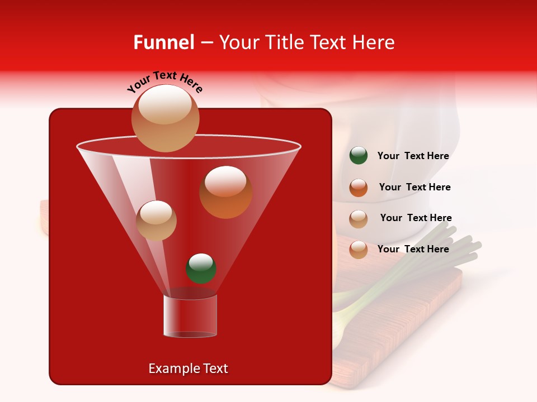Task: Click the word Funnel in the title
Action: click(163, 42)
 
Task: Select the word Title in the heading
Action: click(282, 42)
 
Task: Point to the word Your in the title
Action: click(237, 42)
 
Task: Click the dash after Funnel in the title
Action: click(206, 43)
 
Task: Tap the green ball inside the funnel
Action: click(201, 268)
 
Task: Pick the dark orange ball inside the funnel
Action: click(225, 192)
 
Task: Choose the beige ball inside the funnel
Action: click(156, 220)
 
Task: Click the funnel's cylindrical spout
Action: click(190, 315)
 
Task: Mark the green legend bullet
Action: click(359, 156)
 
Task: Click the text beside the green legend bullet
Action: click(413, 156)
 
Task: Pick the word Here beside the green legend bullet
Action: click(438, 156)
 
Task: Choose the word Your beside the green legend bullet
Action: click(388, 156)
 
